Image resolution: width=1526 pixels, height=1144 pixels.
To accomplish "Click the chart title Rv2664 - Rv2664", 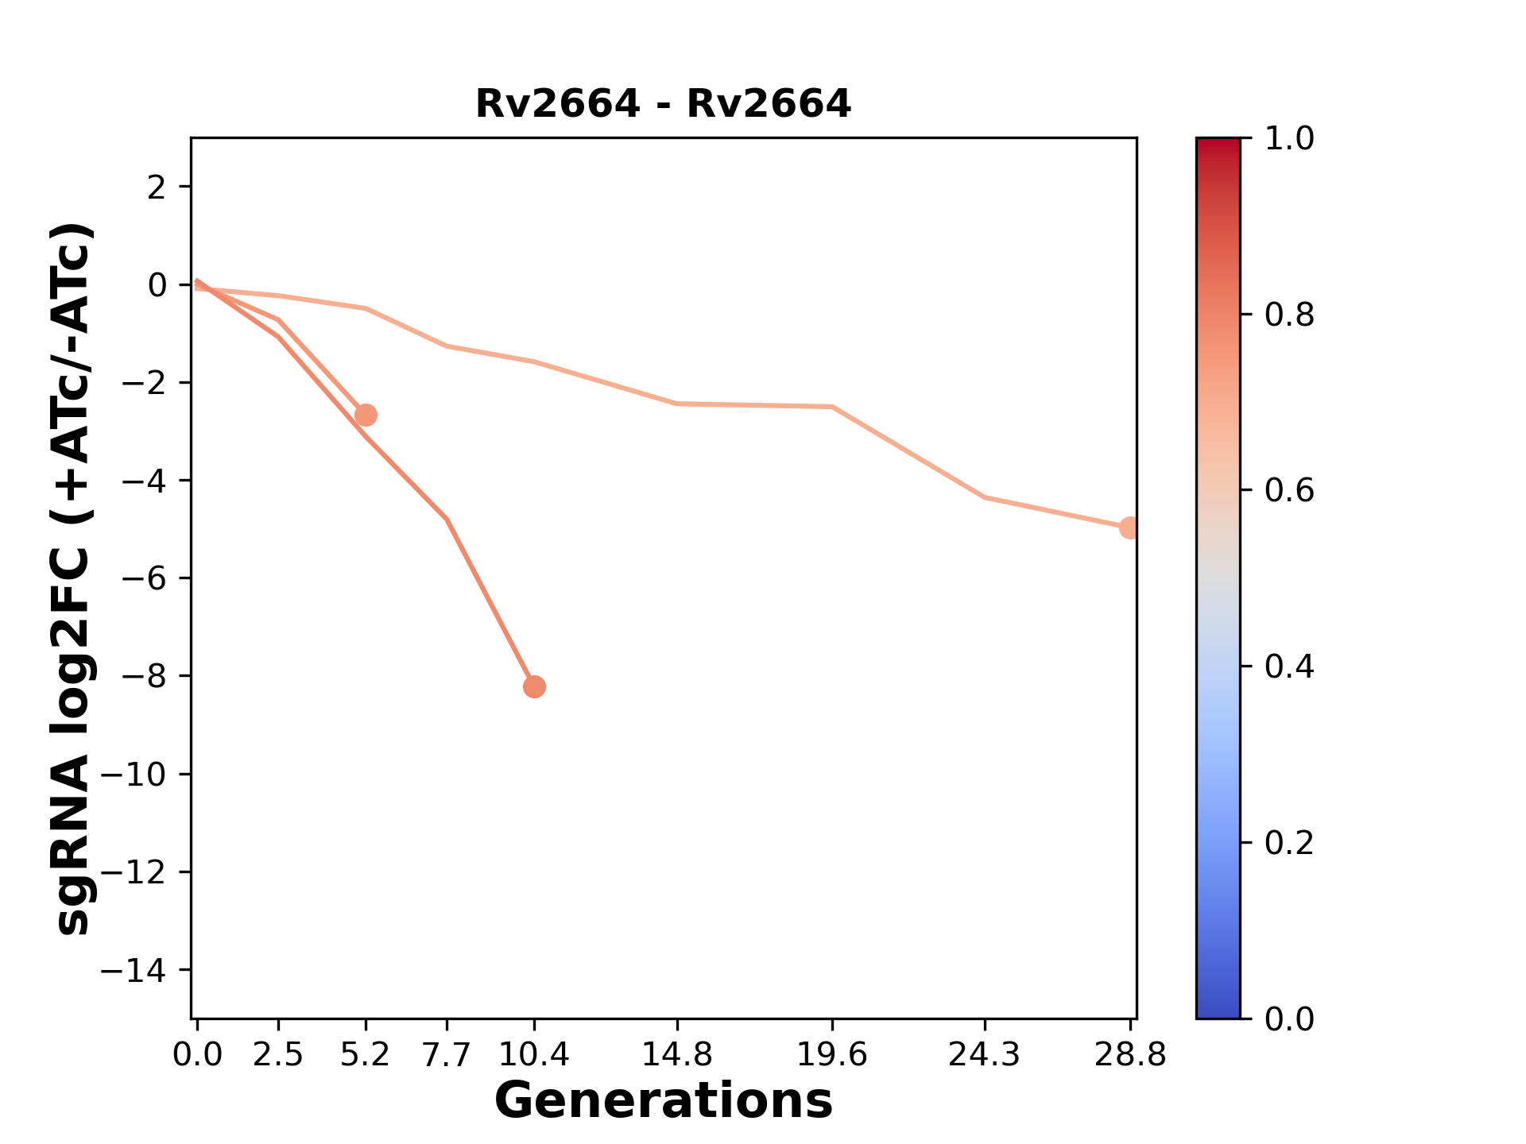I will (x=663, y=104).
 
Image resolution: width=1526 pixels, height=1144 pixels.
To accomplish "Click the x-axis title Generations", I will (x=663, y=1100).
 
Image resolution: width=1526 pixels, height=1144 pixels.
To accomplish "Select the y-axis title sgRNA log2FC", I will (x=73, y=578).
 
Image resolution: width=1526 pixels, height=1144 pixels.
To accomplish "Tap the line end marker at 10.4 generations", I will (x=534, y=686).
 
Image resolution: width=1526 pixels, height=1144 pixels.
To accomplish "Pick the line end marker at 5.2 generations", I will (x=366, y=415).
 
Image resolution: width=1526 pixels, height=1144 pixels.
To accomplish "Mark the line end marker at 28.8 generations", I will (x=1129, y=528).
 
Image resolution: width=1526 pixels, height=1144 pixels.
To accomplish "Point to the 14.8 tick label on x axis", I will (x=676, y=1055).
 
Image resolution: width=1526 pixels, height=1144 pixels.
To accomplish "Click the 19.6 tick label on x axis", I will (x=832, y=1055).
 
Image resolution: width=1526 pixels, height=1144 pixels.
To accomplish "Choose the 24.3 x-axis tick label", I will (x=985, y=1055).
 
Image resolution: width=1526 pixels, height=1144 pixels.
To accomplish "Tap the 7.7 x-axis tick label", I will (x=447, y=1055).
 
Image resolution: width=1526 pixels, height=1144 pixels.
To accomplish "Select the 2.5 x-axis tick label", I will (x=278, y=1055).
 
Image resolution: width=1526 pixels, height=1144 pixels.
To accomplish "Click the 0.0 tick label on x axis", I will (x=197, y=1055).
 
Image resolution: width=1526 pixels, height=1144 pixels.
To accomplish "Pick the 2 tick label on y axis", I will (x=157, y=187).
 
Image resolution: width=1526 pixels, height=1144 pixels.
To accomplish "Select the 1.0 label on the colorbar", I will (x=1288, y=139).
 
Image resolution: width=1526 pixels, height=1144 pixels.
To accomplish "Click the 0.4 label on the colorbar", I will (x=1288, y=667).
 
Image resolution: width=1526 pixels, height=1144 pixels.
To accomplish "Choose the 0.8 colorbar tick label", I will (x=1288, y=315).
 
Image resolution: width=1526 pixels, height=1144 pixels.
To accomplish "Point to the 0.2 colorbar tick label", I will (x=1288, y=842).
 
